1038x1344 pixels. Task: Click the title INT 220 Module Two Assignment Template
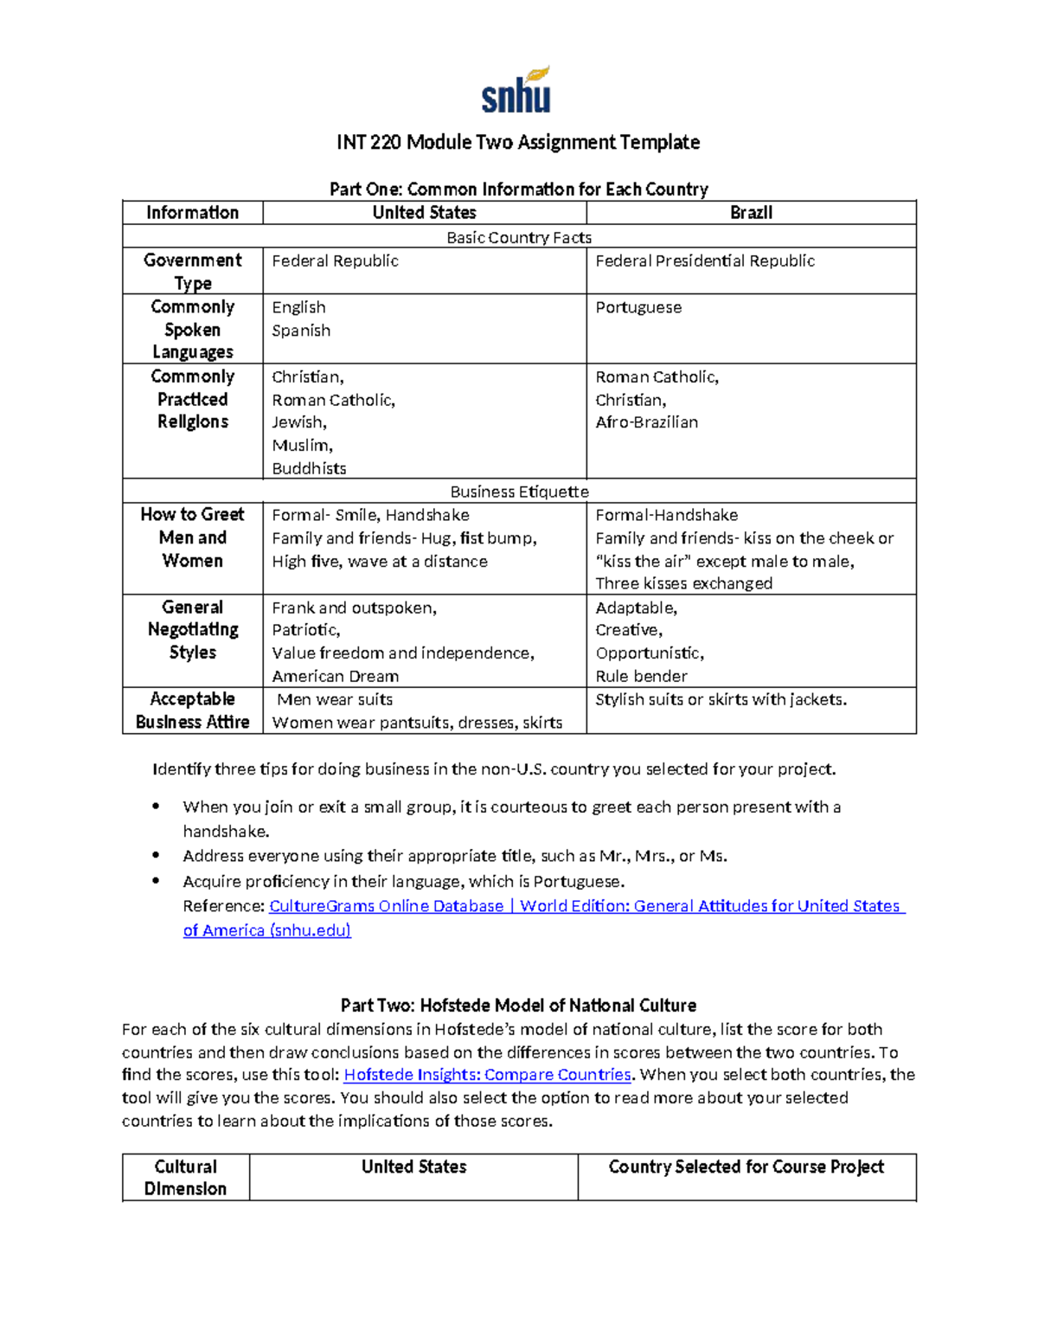coord(518,142)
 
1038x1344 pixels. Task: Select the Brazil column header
coord(751,213)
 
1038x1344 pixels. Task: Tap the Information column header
coord(192,213)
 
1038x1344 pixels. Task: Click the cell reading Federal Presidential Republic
coord(705,260)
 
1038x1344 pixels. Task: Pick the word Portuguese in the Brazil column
coord(638,307)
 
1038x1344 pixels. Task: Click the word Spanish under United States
coord(301,331)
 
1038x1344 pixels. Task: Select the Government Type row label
coord(192,271)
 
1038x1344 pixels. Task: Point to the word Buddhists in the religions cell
coord(309,468)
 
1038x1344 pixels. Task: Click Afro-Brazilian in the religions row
coord(646,422)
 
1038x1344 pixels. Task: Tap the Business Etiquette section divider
coord(519,492)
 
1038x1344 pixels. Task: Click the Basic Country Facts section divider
coord(519,237)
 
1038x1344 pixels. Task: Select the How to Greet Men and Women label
coord(192,537)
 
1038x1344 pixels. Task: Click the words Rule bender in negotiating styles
coord(641,676)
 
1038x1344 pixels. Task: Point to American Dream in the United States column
coord(335,676)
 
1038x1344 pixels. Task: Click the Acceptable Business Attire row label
coord(192,711)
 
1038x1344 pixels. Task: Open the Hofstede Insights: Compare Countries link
coord(488,1075)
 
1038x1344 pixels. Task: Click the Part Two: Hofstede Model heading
coord(518,1006)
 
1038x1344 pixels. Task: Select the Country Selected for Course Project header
coord(746,1167)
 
